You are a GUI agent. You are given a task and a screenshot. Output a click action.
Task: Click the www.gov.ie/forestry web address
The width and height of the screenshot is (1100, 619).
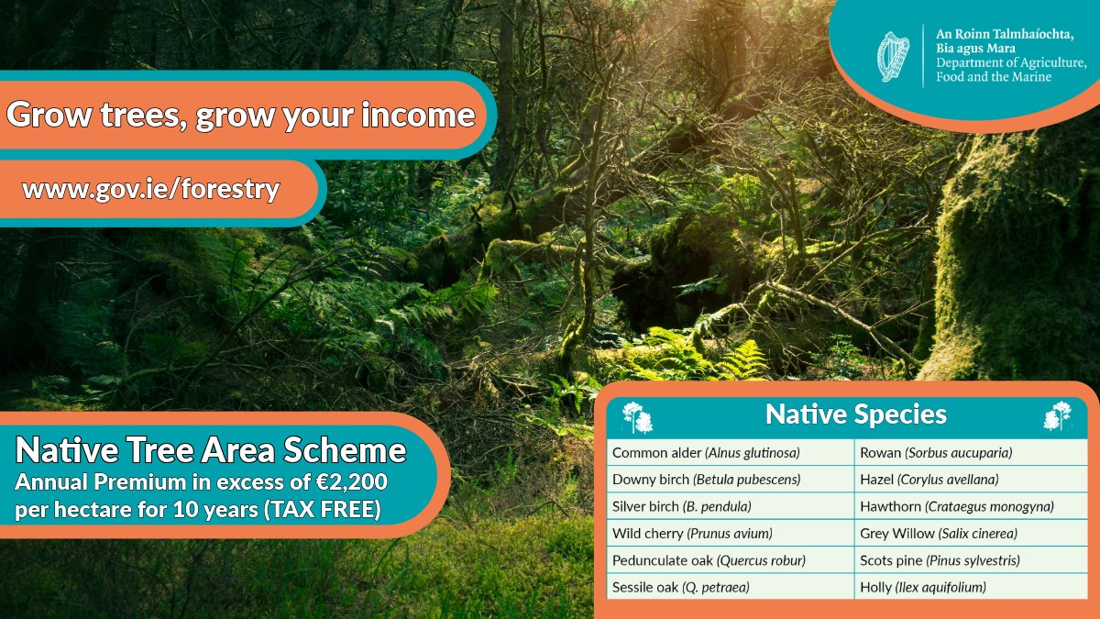click(150, 190)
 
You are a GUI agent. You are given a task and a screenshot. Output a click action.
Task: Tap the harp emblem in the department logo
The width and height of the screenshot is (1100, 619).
click(894, 57)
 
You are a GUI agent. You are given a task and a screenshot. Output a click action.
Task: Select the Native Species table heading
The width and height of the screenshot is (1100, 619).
click(855, 415)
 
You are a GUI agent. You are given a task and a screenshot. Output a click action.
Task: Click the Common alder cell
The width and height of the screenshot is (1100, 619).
click(706, 453)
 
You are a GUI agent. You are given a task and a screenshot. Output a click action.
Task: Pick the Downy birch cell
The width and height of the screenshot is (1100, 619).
click(706, 480)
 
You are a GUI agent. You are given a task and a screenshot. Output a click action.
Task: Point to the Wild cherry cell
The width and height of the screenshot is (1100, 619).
click(692, 534)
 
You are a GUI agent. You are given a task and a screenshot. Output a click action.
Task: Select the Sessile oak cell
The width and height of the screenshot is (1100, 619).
click(680, 587)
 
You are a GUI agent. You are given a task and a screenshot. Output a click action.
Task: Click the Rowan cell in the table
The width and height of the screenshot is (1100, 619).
click(936, 453)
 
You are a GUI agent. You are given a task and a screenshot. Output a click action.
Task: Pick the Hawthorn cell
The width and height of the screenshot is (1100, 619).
click(957, 506)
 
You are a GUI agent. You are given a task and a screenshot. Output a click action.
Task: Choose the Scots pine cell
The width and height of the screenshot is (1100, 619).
click(940, 560)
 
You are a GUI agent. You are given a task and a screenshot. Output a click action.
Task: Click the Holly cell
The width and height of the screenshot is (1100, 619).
click(923, 587)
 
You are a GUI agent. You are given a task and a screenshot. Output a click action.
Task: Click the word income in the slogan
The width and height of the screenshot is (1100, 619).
click(421, 116)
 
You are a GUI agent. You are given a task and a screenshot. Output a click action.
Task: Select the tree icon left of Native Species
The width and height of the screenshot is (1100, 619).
click(637, 416)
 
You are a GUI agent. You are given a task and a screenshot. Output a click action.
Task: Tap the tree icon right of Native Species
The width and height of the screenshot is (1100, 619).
click(1058, 416)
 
